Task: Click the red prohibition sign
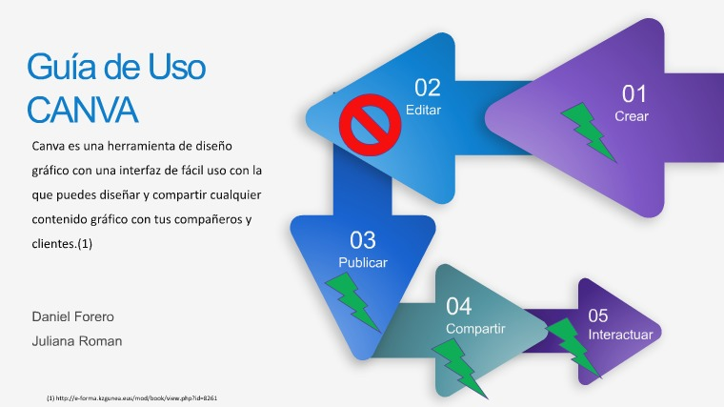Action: [x=370, y=125]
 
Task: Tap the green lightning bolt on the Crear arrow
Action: [x=588, y=132]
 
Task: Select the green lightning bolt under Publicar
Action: [x=352, y=301]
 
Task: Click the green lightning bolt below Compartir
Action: [x=459, y=368]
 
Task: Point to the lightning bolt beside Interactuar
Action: [x=573, y=347]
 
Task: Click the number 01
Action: [x=633, y=94]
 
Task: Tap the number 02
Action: [x=427, y=88]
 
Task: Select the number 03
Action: [x=362, y=240]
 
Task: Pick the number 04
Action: [x=458, y=306]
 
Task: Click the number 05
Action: [x=598, y=316]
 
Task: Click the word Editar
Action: [x=423, y=110]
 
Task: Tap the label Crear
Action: [x=632, y=116]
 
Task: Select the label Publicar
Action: [x=362, y=262]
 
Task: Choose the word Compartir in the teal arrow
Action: [x=475, y=329]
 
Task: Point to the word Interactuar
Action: [x=620, y=335]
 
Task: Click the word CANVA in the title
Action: [x=82, y=110]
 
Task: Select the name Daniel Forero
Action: [x=73, y=316]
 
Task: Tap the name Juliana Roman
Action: [x=76, y=341]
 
